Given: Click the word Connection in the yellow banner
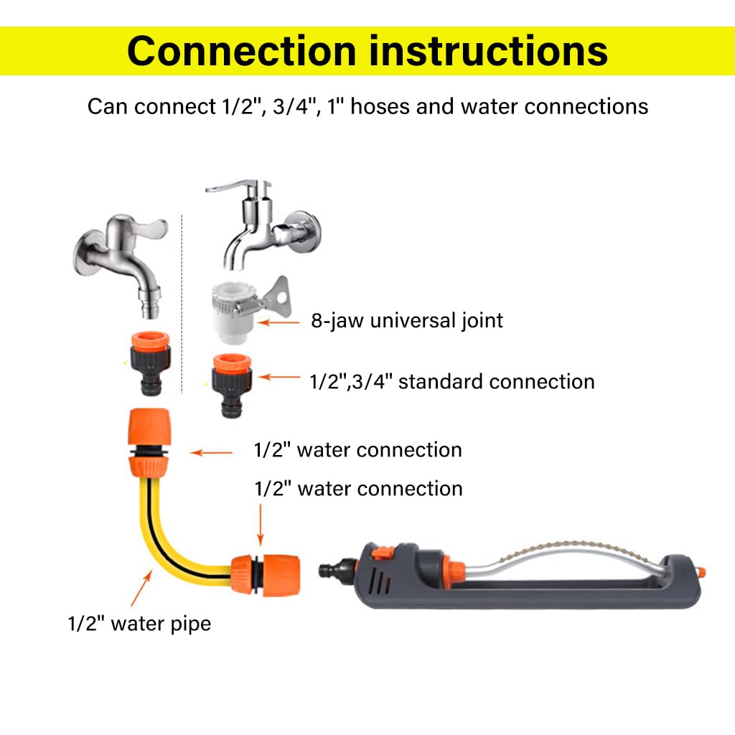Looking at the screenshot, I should click(x=241, y=51).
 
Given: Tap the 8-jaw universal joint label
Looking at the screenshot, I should click(x=407, y=320).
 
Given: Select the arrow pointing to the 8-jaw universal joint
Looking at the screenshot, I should click(x=278, y=322).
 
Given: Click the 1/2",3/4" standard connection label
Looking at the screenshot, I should click(x=451, y=381).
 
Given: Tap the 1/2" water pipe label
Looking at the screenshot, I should click(x=139, y=623).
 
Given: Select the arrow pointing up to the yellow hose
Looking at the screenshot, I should click(x=141, y=589).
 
